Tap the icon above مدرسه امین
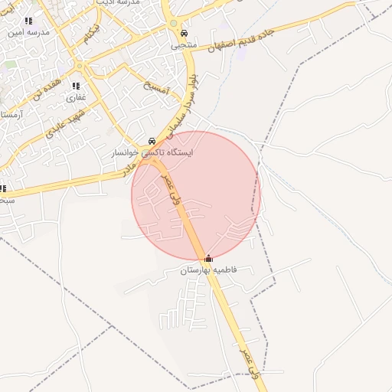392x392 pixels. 28,21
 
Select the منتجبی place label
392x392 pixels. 184,45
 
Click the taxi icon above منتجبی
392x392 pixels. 185,34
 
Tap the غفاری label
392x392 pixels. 75,97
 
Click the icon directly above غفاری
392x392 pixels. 76,86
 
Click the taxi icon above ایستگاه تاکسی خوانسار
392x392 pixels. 152,142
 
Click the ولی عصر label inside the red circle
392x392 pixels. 166,186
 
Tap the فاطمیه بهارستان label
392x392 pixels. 209,270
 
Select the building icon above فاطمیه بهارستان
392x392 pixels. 209,259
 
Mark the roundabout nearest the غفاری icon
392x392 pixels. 80,67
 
